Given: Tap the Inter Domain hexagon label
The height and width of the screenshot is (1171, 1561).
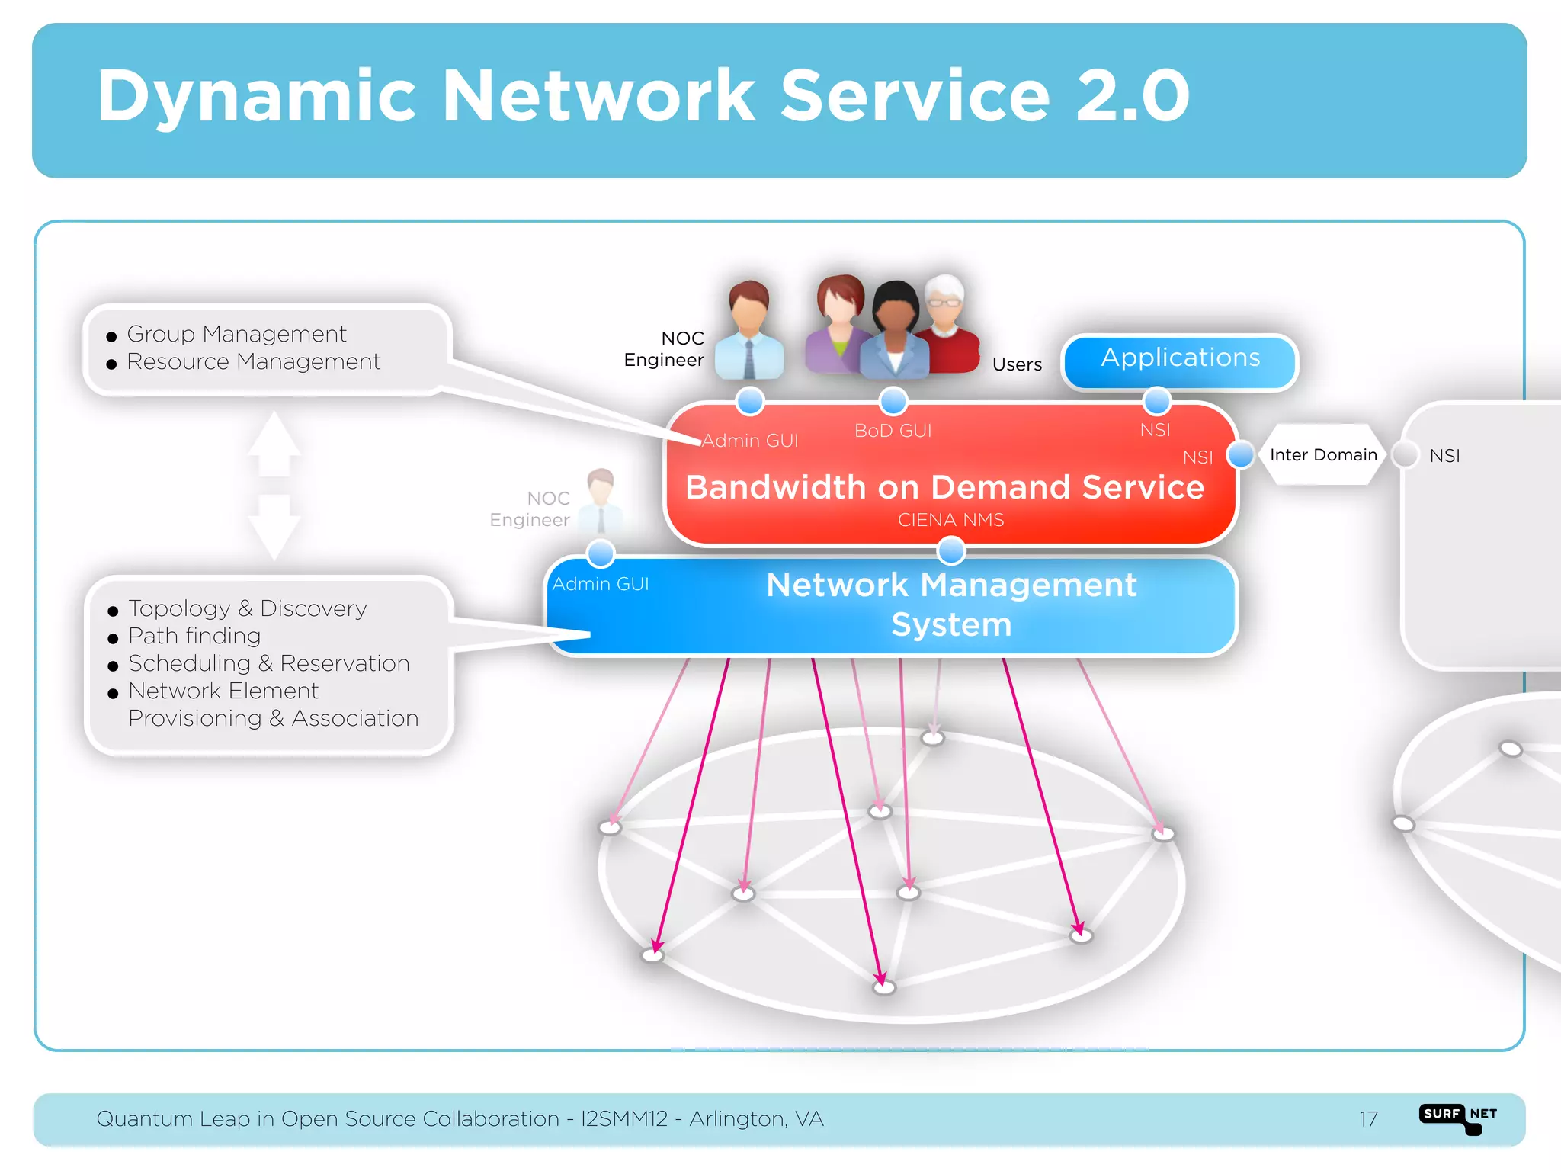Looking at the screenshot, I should tap(1323, 455).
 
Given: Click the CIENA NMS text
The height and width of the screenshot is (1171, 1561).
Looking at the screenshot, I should tap(950, 520).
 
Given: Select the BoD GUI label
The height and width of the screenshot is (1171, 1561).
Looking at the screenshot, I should tap(893, 431).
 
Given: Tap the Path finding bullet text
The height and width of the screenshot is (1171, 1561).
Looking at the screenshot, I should tap(194, 636).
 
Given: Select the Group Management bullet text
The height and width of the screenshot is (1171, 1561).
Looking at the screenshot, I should tap(236, 334).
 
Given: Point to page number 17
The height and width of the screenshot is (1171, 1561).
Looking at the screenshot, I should tap(1368, 1119).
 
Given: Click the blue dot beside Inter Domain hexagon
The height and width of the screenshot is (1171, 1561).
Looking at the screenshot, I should tap(1240, 455).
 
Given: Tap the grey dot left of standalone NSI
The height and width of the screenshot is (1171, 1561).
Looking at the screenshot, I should tap(1405, 454).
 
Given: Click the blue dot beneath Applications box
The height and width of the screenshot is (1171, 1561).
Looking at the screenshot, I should tap(1157, 401).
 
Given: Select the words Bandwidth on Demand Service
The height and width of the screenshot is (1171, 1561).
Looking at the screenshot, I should tap(944, 487).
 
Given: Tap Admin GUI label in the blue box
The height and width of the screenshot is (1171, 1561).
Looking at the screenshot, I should tap(601, 584).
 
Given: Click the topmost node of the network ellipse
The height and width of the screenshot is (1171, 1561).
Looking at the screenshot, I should tap(932, 737).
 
